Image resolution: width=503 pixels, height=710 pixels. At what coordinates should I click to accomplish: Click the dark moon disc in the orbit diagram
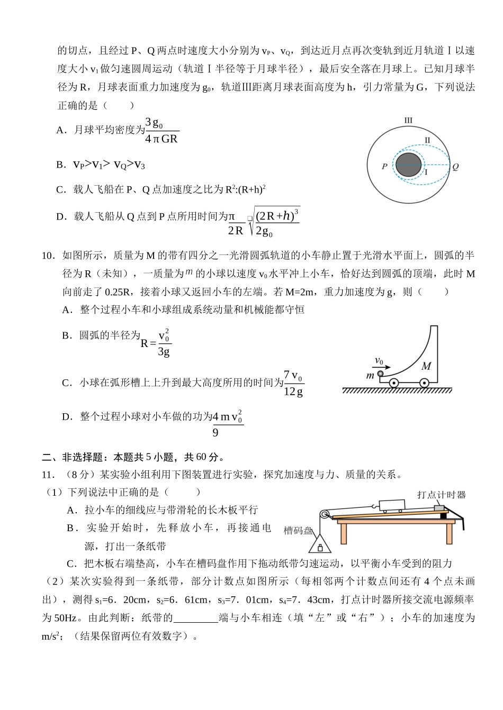click(x=409, y=165)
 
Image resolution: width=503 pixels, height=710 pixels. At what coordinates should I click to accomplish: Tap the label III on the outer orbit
click(x=408, y=121)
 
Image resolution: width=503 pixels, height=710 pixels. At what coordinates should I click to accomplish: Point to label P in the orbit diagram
click(x=384, y=166)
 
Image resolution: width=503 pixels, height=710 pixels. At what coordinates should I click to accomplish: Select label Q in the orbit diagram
click(x=455, y=166)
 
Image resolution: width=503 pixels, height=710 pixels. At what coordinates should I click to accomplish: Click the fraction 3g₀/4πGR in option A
click(x=161, y=131)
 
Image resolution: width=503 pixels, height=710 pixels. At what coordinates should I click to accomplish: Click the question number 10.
click(x=48, y=256)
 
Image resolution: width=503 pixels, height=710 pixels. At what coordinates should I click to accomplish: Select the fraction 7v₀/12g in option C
click(x=294, y=383)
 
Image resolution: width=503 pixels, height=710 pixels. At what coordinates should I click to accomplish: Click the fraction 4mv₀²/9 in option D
click(x=228, y=423)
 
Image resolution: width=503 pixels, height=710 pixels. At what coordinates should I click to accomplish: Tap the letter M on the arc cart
click(x=427, y=366)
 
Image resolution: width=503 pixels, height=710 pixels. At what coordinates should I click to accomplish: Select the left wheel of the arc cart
click(x=393, y=383)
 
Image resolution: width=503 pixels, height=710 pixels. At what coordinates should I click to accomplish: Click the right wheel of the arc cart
click(x=424, y=383)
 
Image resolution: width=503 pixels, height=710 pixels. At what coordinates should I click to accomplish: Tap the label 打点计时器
click(x=441, y=495)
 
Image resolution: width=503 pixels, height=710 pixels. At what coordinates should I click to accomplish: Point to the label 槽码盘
click(x=298, y=530)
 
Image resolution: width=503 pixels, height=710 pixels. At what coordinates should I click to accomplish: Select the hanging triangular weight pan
click(x=320, y=543)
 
